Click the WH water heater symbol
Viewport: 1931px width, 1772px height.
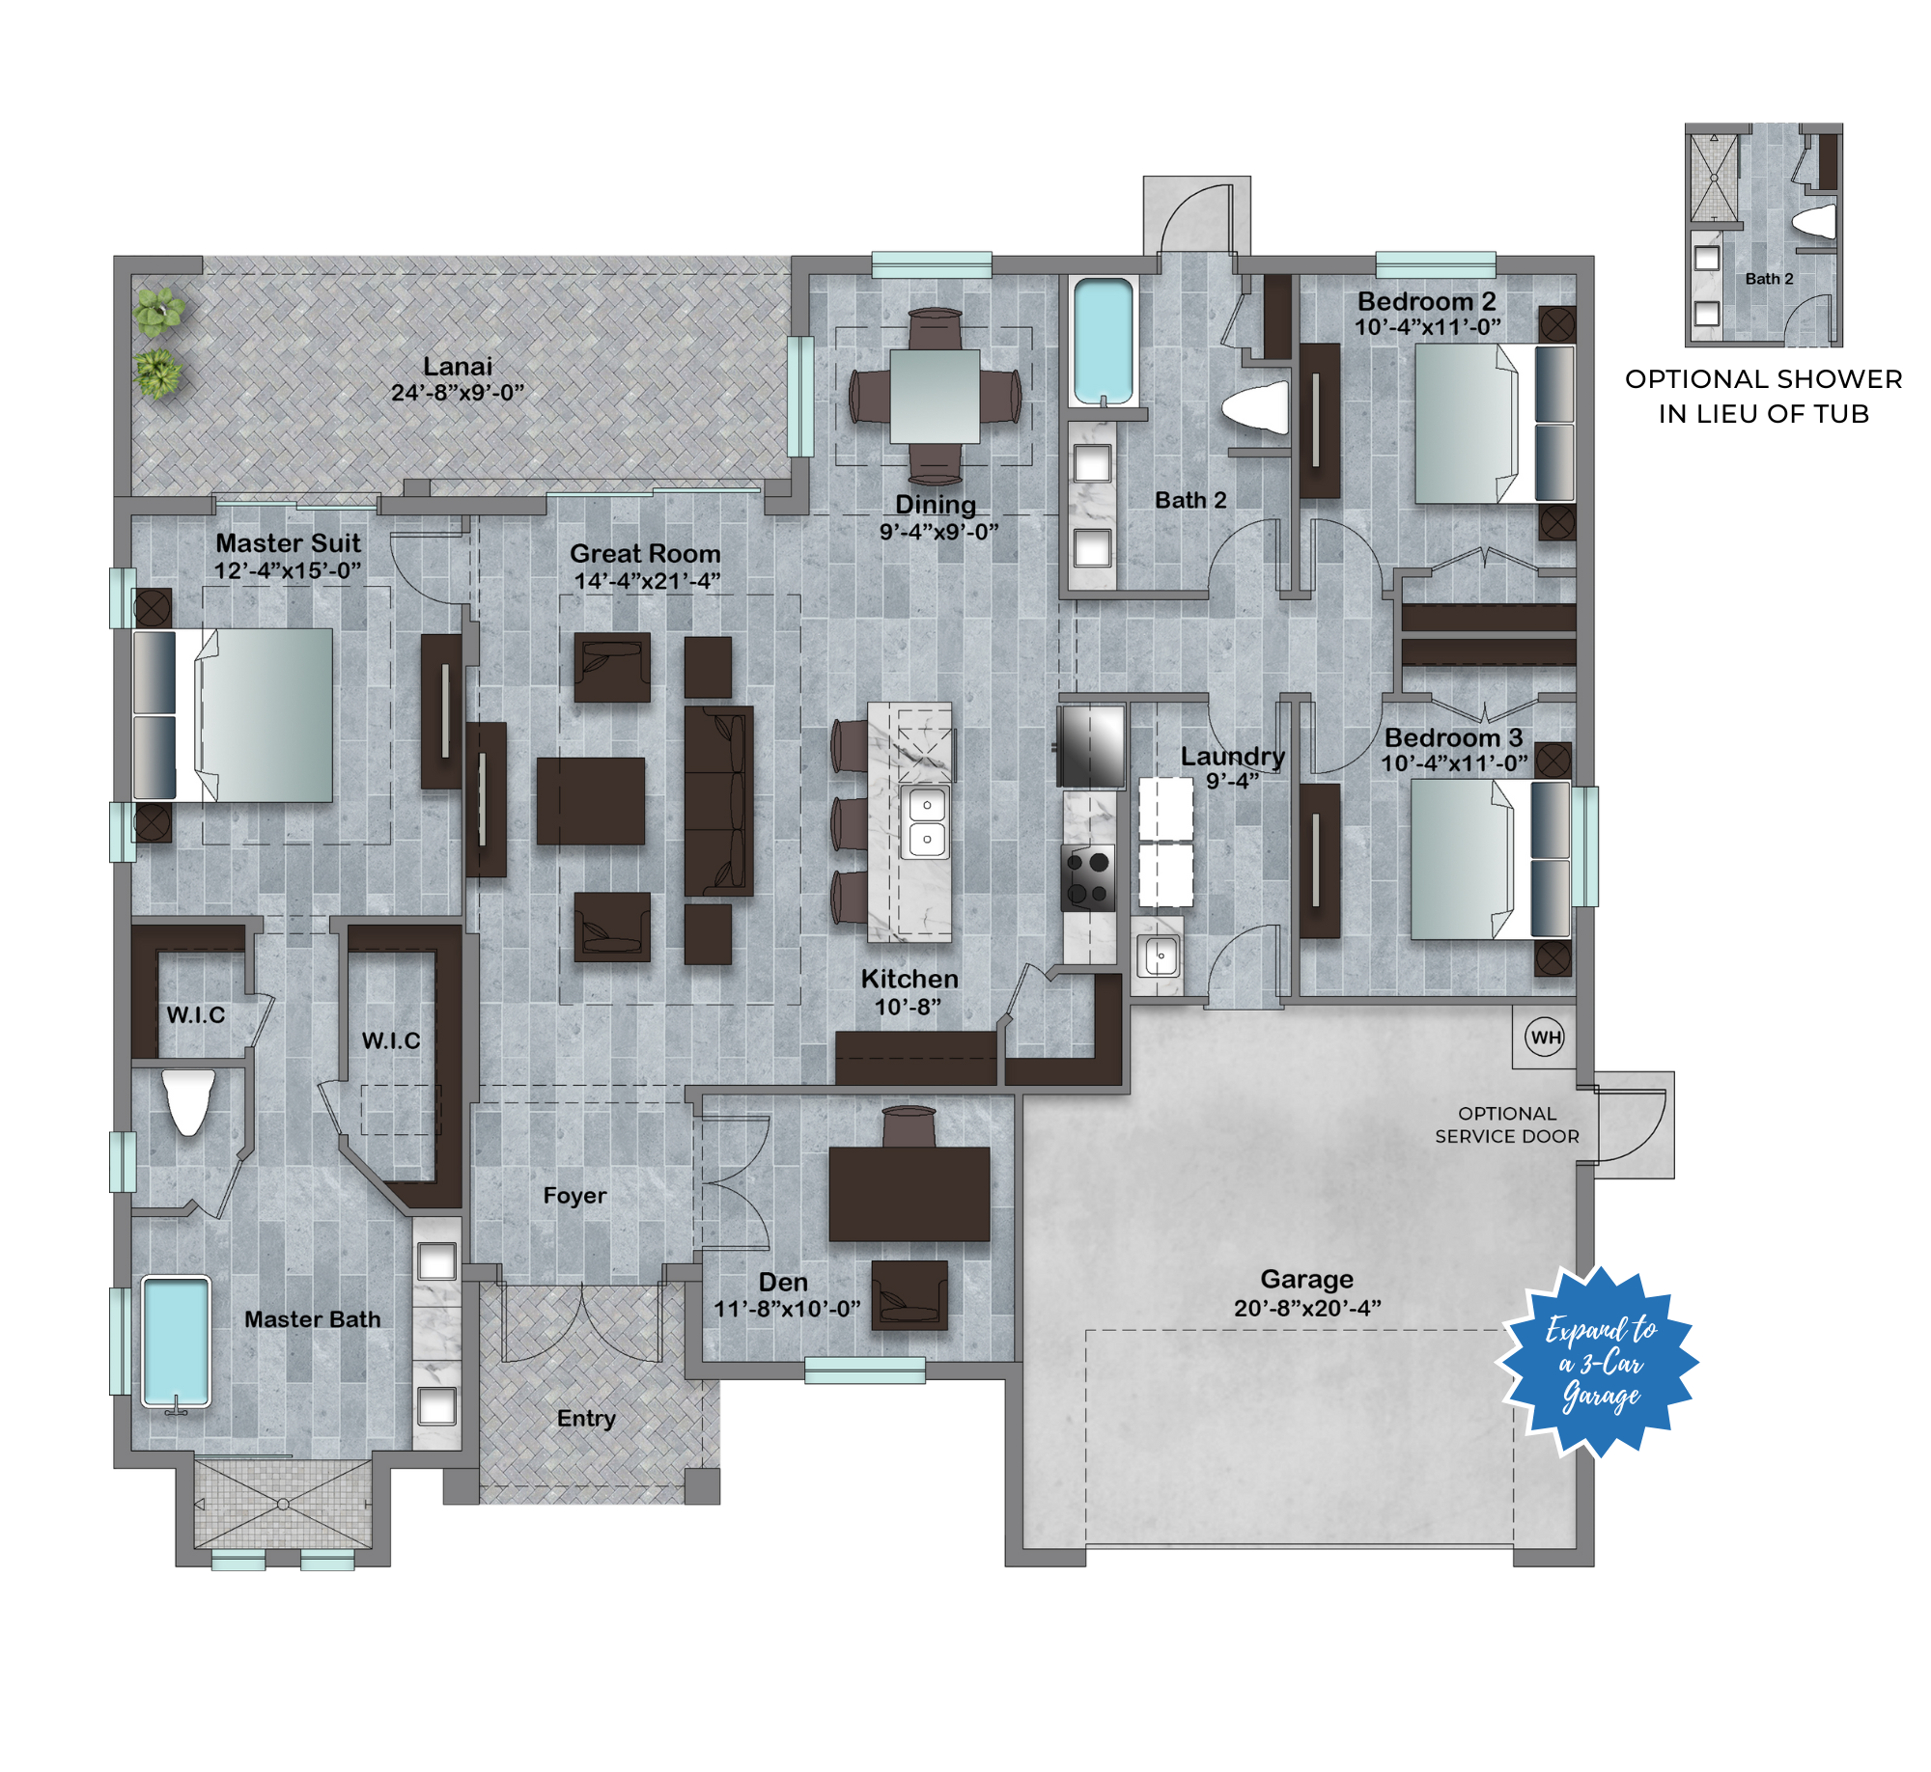[1545, 1038]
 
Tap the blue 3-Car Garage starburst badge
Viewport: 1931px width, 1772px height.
[1599, 1362]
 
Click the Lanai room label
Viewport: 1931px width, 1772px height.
[458, 367]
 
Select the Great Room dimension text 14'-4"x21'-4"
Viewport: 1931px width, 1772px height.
[647, 581]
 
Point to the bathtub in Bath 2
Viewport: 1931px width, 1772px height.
[1103, 341]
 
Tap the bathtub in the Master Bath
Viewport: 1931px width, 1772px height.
[176, 1343]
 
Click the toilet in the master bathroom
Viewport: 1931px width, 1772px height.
[188, 1101]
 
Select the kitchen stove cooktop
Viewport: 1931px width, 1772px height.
[1089, 877]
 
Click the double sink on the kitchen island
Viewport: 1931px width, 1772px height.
[925, 821]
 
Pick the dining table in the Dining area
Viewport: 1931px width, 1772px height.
[935, 396]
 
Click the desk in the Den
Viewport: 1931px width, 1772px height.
[909, 1193]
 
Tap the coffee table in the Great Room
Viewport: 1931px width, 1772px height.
[591, 800]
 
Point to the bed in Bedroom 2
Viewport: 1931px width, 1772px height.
[1495, 424]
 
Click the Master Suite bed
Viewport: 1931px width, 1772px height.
[233, 715]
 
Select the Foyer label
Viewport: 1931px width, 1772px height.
[574, 1196]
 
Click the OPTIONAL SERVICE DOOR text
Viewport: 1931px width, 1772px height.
[1507, 1125]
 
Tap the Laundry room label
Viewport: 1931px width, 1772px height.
[1233, 757]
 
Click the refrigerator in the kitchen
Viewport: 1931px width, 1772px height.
[1091, 746]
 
